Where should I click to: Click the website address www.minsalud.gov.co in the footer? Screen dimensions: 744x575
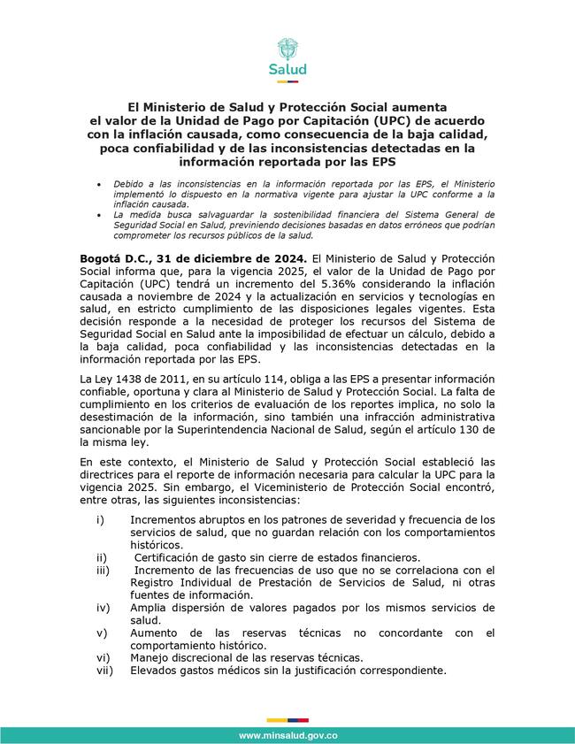[x=287, y=736]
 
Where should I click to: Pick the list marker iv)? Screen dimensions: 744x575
[x=103, y=608]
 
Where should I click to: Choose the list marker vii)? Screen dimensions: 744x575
[x=104, y=671]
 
